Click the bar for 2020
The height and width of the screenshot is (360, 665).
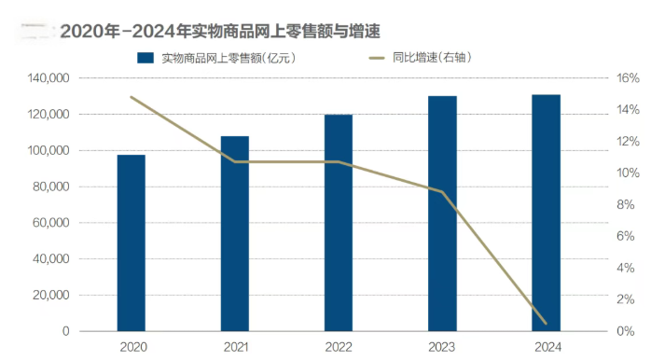point(131,242)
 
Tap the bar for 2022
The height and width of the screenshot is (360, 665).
point(339,223)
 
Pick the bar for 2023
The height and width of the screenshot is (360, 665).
point(442,214)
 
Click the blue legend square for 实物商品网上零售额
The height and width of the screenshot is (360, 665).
point(145,58)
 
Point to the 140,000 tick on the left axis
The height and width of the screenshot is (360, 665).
point(48,79)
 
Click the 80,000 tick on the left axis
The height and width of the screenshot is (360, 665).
point(50,187)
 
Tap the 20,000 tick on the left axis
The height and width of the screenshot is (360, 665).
point(50,296)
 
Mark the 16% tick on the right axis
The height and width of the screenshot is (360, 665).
point(627,79)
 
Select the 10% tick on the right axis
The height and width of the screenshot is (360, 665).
point(627,173)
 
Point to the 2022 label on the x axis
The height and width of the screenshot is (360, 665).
point(339,347)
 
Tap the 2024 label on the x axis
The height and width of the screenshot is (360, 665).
point(546,347)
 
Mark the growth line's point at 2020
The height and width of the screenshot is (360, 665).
point(131,97)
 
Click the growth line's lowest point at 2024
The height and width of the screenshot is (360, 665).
point(546,325)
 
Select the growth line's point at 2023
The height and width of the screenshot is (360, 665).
point(442,191)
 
